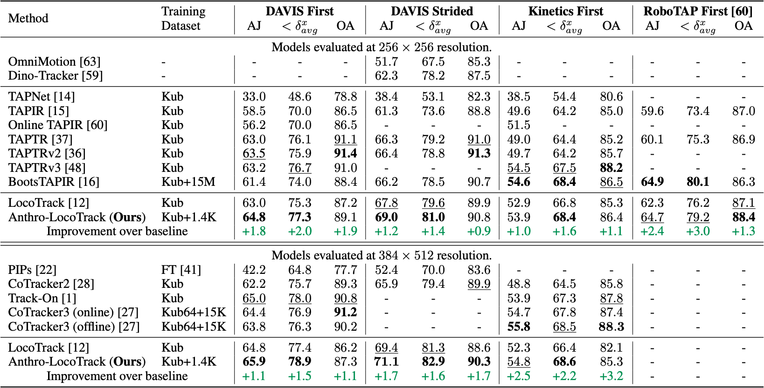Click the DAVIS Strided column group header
tap(432, 11)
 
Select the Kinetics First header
tap(565, 11)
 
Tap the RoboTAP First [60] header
tap(698, 11)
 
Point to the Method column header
tap(28, 18)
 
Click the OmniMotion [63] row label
tap(54, 61)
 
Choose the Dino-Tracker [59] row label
tap(55, 75)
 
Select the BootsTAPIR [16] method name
tap(54, 182)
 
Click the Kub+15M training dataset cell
tap(188, 182)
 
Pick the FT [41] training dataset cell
tap(181, 270)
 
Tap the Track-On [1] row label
tap(42, 299)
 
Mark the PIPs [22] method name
tap(32, 270)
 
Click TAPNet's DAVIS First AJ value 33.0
tap(254, 97)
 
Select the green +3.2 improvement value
tap(611, 376)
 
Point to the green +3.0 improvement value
tap(698, 231)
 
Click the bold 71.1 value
tap(387, 362)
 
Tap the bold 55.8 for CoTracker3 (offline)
tap(519, 327)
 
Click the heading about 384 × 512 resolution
tap(382, 256)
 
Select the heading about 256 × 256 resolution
tap(382, 48)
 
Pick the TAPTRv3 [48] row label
tap(47, 168)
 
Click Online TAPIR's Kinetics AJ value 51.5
tap(519, 125)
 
